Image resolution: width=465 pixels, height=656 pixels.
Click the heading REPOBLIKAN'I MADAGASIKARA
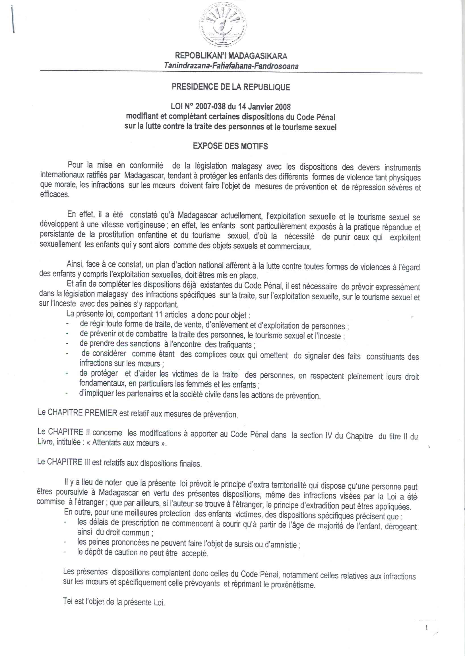(231, 55)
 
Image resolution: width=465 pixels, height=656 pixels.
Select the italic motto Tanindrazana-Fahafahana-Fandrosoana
(231, 66)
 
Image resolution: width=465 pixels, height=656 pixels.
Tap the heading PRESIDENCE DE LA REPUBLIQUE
(231, 87)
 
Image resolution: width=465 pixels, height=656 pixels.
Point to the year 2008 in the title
(283, 107)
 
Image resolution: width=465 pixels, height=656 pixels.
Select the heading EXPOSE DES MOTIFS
(230, 146)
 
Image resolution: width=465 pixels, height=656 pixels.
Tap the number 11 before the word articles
(159, 314)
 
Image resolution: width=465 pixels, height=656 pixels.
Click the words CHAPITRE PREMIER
(82, 413)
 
